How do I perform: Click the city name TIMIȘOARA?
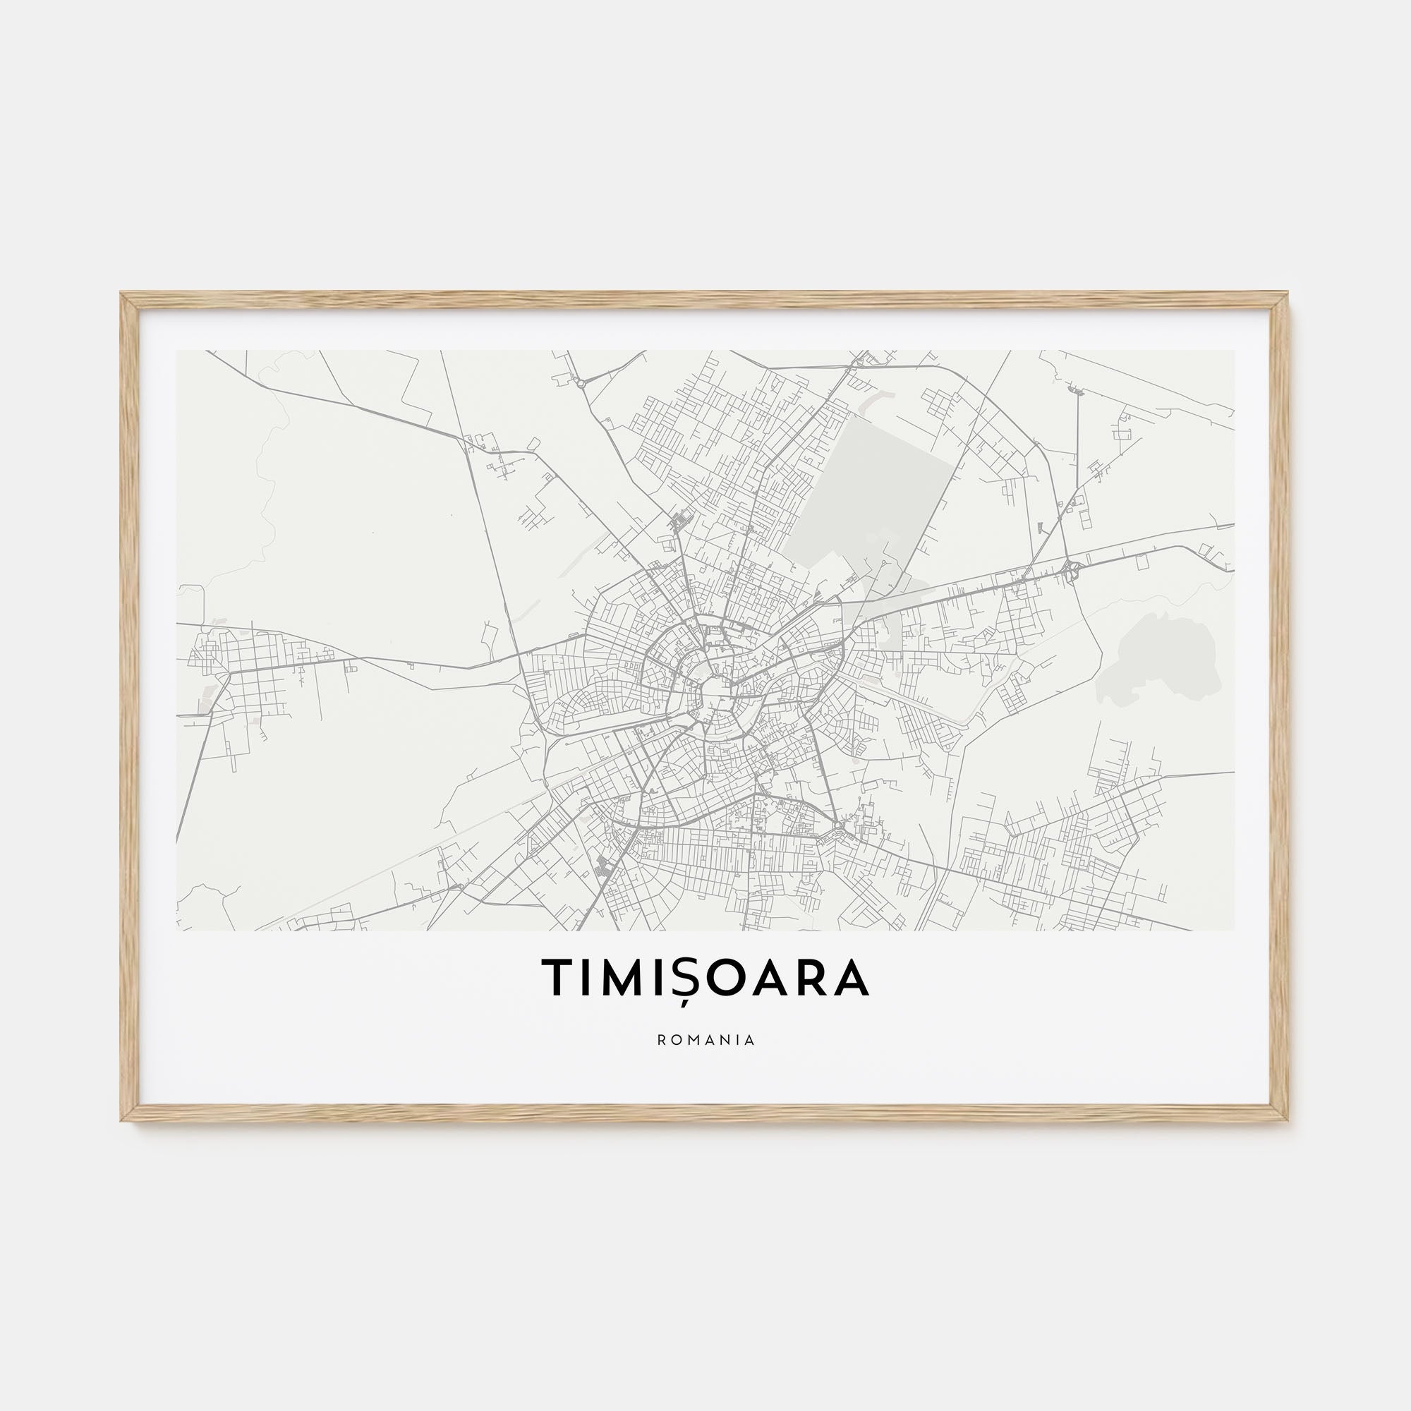(x=705, y=977)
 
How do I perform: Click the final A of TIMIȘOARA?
(x=851, y=977)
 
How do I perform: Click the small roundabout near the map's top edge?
(x=581, y=382)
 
